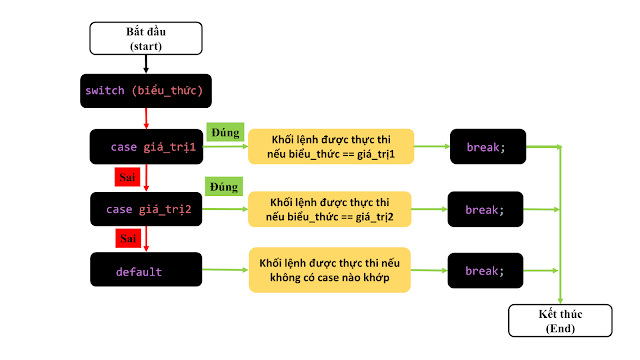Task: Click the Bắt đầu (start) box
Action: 146,38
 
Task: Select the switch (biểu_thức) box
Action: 146,91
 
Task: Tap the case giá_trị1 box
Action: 146,147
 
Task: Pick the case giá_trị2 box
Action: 146,209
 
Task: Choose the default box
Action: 146,269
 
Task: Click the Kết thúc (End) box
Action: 560,321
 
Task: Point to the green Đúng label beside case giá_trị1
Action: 225,132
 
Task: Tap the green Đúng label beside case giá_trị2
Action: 224,187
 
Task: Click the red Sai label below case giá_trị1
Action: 127,177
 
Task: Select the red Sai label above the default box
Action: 128,238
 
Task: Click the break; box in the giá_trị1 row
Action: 488,147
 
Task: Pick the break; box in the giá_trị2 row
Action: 485,209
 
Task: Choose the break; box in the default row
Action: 485,271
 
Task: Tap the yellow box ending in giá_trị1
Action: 331,147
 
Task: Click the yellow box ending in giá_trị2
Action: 330,209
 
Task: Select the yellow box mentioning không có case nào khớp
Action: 330,270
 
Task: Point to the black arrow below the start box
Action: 146,64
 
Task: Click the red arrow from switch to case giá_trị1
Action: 146,118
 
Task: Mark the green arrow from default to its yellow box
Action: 225,269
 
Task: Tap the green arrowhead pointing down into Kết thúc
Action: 560,301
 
